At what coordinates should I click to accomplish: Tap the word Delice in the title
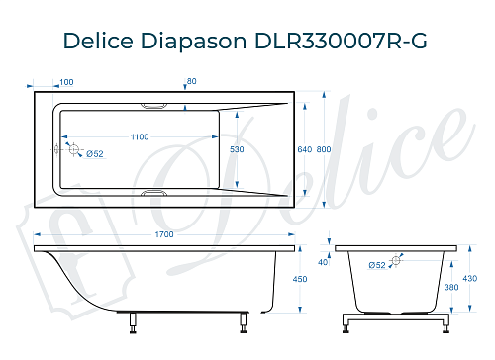click(97, 41)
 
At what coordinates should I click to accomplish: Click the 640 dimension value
click(304, 148)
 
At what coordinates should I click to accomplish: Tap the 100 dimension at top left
click(66, 82)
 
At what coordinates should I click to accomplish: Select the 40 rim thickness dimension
click(323, 262)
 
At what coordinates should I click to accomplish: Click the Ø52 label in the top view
click(95, 153)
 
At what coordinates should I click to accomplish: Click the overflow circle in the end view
click(397, 261)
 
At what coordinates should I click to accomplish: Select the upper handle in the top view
click(156, 104)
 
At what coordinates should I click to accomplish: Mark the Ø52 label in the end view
click(377, 265)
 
